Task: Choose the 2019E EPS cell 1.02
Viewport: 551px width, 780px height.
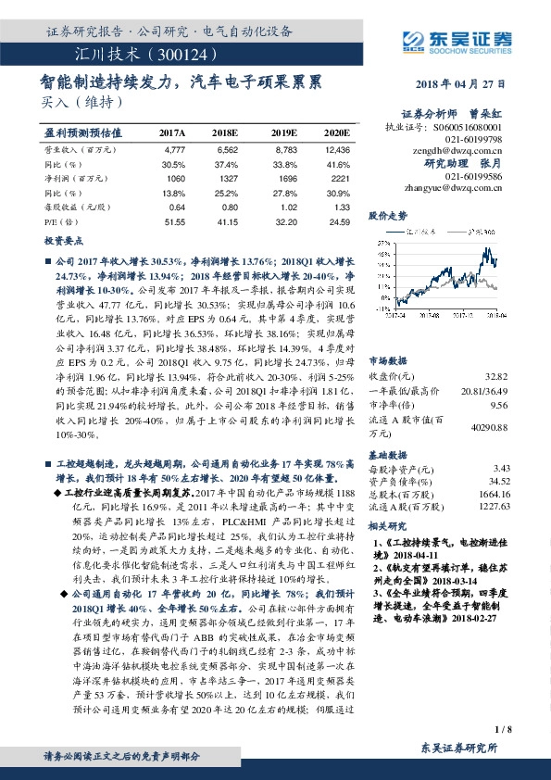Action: point(287,208)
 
